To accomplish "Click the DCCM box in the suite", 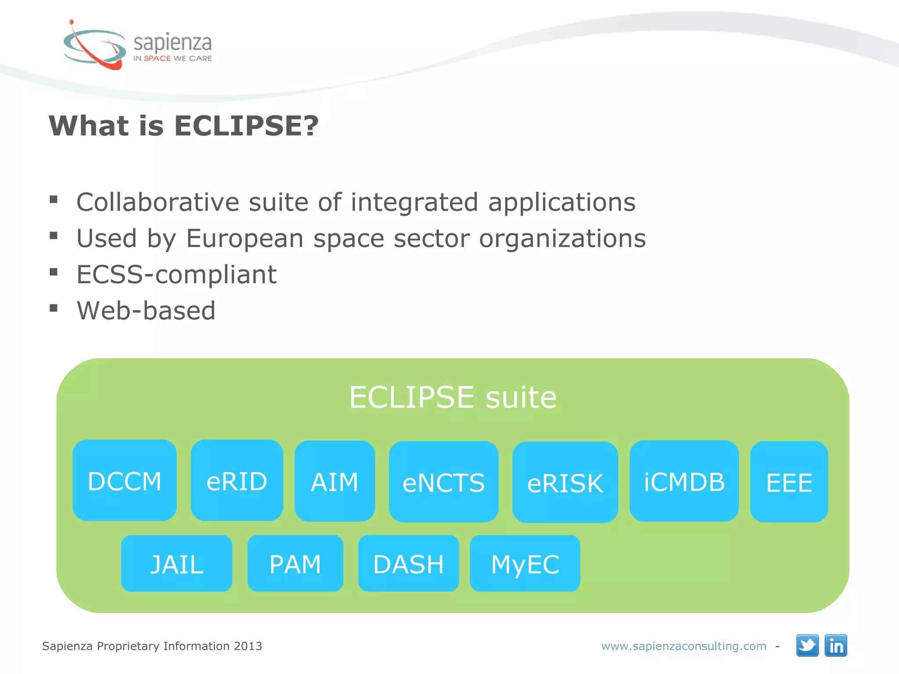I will coord(125,481).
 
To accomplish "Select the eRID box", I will coord(237,481).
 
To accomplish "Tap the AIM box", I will coord(334,481).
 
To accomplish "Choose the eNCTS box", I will coord(443,482).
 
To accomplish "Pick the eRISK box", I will coord(565,483).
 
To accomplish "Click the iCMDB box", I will coord(684,481).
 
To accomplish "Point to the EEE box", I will coord(789,482).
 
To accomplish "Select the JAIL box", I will coord(176,564).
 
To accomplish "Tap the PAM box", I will coord(295,564).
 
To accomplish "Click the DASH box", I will coord(408,564).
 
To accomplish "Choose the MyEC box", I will coord(525,564).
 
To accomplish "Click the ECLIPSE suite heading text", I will coord(453,397).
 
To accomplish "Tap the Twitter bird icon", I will coord(807,645).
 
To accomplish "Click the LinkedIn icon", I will coord(836,645).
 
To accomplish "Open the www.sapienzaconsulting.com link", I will coord(683,646).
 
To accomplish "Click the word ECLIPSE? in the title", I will coord(246,126).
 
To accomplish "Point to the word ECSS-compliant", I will coord(176,275).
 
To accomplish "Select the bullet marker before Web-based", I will coord(54,308).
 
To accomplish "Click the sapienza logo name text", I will coord(173,43).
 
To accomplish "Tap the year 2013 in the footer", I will coord(248,646).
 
